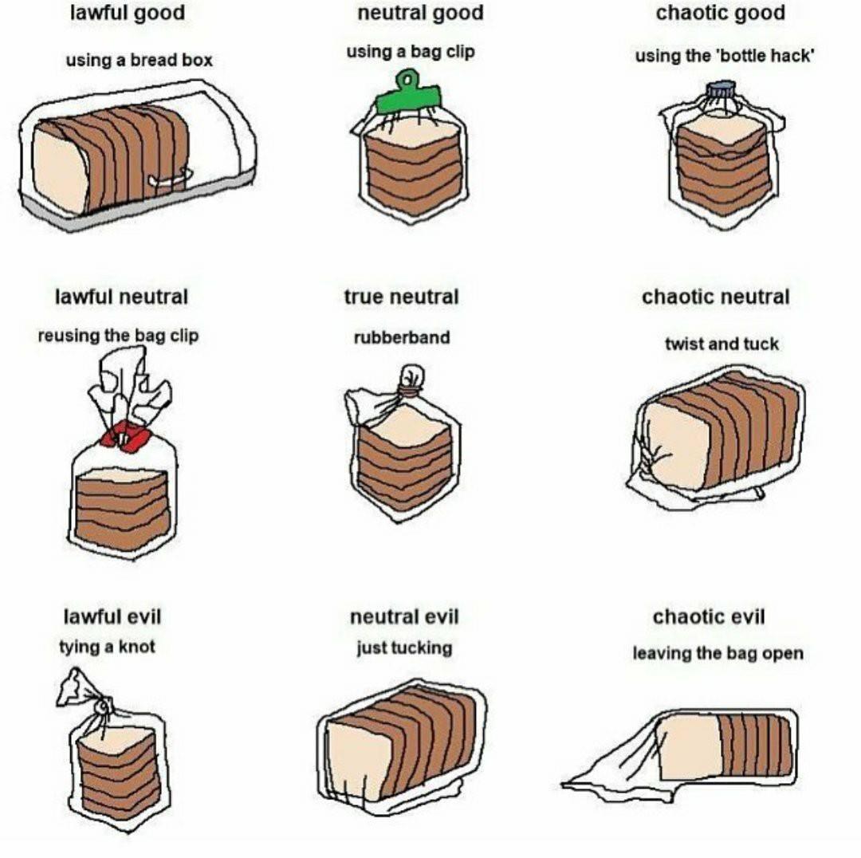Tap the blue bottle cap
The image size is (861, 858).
pyautogui.click(x=721, y=89)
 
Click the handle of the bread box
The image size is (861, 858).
pyautogui.click(x=171, y=178)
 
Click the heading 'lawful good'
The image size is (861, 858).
pyautogui.click(x=128, y=13)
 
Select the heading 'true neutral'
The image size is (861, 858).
pyautogui.click(x=401, y=297)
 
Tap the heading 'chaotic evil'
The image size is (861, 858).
pyautogui.click(x=709, y=616)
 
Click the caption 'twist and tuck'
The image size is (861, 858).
pyautogui.click(x=721, y=344)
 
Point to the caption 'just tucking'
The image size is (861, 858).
pyautogui.click(x=404, y=647)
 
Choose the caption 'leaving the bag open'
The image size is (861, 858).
pyautogui.click(x=717, y=653)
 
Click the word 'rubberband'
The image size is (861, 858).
pyautogui.click(x=402, y=337)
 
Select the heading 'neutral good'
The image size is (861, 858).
pyautogui.click(x=421, y=13)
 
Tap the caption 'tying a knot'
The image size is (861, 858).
pyautogui.click(x=107, y=647)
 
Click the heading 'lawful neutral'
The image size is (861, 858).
pyautogui.click(x=121, y=297)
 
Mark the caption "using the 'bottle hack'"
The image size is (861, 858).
pyautogui.click(x=724, y=56)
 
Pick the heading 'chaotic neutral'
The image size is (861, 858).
pyautogui.click(x=715, y=297)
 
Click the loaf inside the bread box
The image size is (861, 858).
pyautogui.click(x=111, y=159)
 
